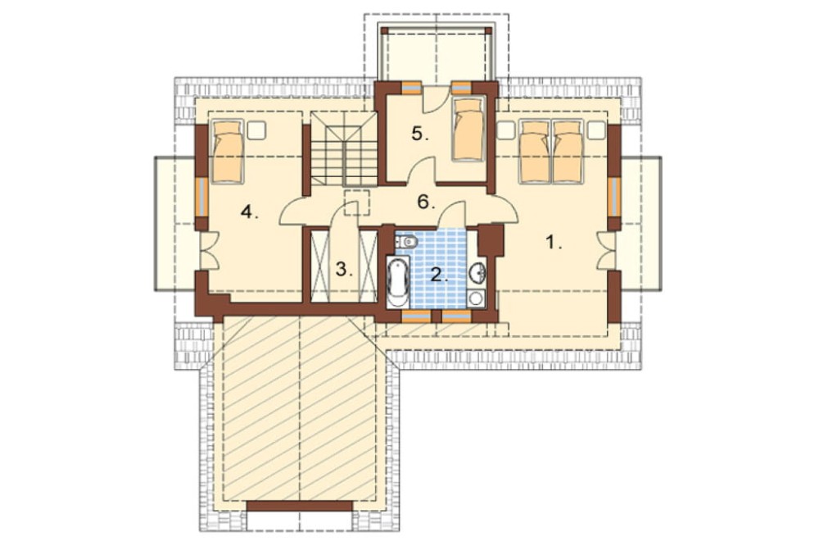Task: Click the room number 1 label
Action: pos(553,243)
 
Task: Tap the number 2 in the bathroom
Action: pos(439,274)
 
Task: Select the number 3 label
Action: pos(344,270)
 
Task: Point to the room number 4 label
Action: pos(249,212)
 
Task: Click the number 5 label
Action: pos(419,134)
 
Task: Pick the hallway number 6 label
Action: pos(426,202)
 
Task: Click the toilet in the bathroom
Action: pos(406,242)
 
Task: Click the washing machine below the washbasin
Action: pos(477,298)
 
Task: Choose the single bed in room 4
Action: pos(227,152)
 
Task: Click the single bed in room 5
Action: pos(469,130)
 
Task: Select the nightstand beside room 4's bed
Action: pos(256,130)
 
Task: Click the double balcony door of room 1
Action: pos(606,251)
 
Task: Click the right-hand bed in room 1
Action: pos(568,152)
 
